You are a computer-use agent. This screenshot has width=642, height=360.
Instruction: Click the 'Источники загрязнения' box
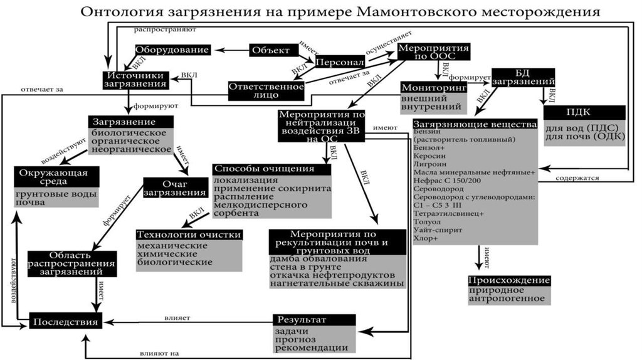pyautogui.click(x=134, y=80)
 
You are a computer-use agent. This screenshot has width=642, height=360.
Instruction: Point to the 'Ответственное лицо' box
pyautogui.click(x=266, y=90)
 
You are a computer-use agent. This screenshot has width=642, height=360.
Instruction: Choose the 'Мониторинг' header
pyautogui.click(x=434, y=88)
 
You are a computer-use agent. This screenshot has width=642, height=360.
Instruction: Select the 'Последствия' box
pyautogui.click(x=65, y=322)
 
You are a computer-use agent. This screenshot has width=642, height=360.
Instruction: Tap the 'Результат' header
pyautogui.click(x=308, y=320)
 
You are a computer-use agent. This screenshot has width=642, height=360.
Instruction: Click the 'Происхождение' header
pyautogui.click(x=509, y=280)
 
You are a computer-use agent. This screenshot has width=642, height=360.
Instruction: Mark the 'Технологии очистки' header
pyautogui.click(x=189, y=235)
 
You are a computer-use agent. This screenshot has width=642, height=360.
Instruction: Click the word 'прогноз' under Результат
pyautogui.click(x=296, y=339)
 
